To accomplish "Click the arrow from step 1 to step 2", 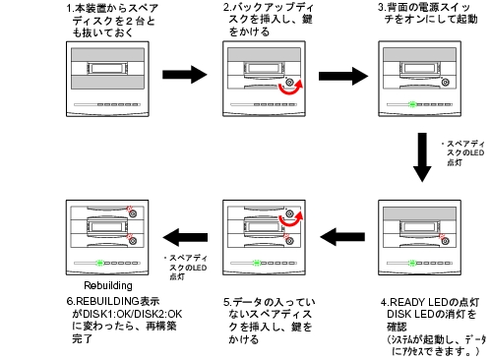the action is coord(185,75).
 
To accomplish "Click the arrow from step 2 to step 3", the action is coord(343,76).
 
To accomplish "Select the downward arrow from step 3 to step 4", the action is coord(422,157).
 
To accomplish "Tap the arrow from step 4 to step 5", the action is coord(342,237).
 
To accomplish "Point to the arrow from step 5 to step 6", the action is coord(185,237).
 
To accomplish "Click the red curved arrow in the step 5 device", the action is coord(290,223).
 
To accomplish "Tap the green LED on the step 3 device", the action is coord(412,104).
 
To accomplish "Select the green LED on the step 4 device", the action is coord(412,263).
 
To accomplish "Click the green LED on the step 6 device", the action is coord(100,263).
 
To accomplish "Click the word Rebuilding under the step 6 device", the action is coord(108,285).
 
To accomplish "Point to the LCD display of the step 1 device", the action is coord(107,69).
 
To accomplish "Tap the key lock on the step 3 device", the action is coord(445,82).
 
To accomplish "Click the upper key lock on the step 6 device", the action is coord(133,213).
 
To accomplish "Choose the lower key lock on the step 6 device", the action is coord(133,241).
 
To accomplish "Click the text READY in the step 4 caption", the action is coord(407,302).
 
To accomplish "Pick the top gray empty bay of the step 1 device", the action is coord(107,55).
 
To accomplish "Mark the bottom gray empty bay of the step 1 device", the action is coord(107,83).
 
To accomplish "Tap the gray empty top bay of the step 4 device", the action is coord(420,213).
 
